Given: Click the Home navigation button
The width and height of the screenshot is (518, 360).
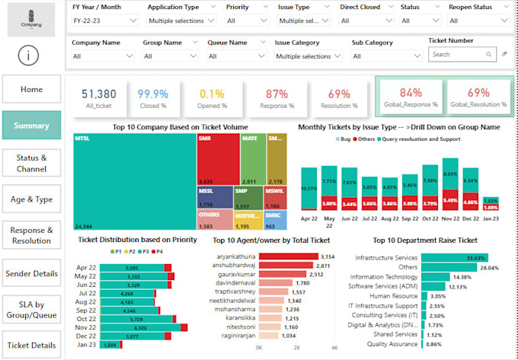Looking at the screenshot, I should (31, 89).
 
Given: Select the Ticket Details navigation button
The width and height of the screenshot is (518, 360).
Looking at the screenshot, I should (31, 345).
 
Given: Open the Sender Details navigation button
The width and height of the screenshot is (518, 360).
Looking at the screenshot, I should (31, 273).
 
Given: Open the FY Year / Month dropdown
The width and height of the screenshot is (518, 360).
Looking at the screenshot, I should (104, 21).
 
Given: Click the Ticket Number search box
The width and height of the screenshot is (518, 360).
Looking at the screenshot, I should (462, 55).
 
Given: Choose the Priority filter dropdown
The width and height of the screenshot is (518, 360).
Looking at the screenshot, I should (245, 21).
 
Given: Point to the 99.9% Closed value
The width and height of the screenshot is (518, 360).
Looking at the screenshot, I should (152, 94).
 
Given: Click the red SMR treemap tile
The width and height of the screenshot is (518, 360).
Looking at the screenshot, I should (217, 161).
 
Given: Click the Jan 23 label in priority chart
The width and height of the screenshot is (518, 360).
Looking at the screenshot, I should (86, 345).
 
